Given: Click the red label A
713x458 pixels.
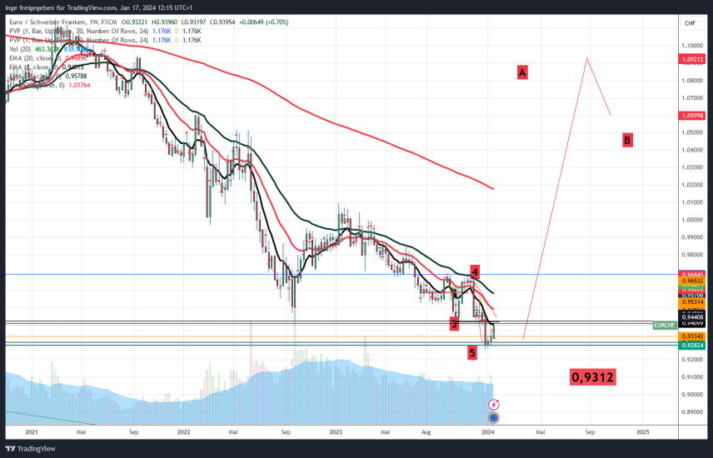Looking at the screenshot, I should tap(522, 72).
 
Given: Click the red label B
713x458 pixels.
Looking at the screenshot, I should tap(627, 140).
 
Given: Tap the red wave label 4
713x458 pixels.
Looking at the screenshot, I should tap(474, 271).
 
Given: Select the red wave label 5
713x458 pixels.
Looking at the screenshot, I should tap(472, 352).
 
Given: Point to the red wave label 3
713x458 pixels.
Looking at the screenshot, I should tap(454, 323).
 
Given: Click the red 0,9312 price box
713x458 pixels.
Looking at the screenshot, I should tap(593, 377).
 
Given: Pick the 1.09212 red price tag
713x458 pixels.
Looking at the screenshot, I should tap(693, 60).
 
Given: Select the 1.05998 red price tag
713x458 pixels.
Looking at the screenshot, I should tap(693, 115).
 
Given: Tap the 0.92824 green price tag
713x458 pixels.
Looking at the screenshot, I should tap(693, 344).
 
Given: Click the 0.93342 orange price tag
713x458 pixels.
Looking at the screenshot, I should tap(693, 336).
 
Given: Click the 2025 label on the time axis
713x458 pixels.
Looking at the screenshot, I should tap(643, 433).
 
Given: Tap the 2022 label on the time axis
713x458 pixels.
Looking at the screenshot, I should tap(184, 433).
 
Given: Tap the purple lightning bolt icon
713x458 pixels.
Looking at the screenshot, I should tap(493, 404).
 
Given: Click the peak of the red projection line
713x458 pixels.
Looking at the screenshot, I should tap(587, 58).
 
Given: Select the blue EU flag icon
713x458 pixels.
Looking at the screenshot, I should tap(493, 416).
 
